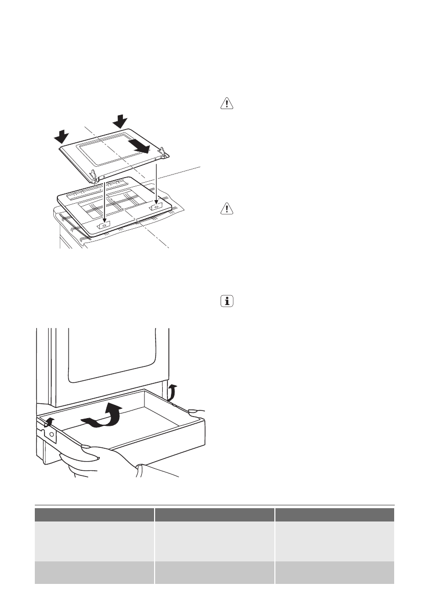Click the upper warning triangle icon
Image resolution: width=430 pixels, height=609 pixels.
[x=226, y=104]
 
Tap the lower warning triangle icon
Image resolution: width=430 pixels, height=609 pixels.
[x=226, y=208]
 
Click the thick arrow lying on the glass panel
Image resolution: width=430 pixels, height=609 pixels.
[x=139, y=146]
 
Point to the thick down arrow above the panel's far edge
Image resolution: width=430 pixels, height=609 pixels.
[x=121, y=122]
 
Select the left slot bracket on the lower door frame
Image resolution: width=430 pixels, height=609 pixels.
[x=104, y=224]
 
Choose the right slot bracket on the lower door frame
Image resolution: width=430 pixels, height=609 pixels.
[x=155, y=208]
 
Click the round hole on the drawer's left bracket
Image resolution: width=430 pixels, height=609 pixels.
[x=52, y=433]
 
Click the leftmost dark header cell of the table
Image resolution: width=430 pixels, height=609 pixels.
[x=94, y=514]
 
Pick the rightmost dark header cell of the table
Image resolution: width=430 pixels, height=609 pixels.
[x=334, y=514]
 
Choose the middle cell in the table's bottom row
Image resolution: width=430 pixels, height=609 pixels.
[x=214, y=572]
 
